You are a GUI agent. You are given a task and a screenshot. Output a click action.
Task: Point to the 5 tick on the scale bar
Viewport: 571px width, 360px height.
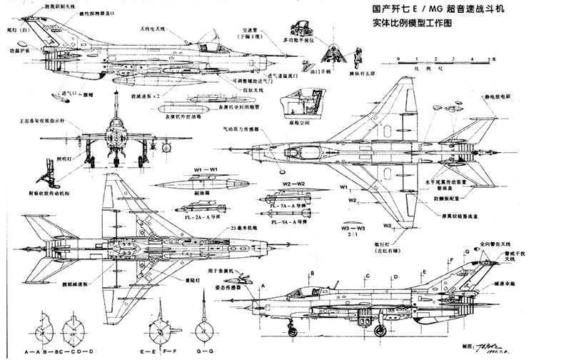coord(488,56)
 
